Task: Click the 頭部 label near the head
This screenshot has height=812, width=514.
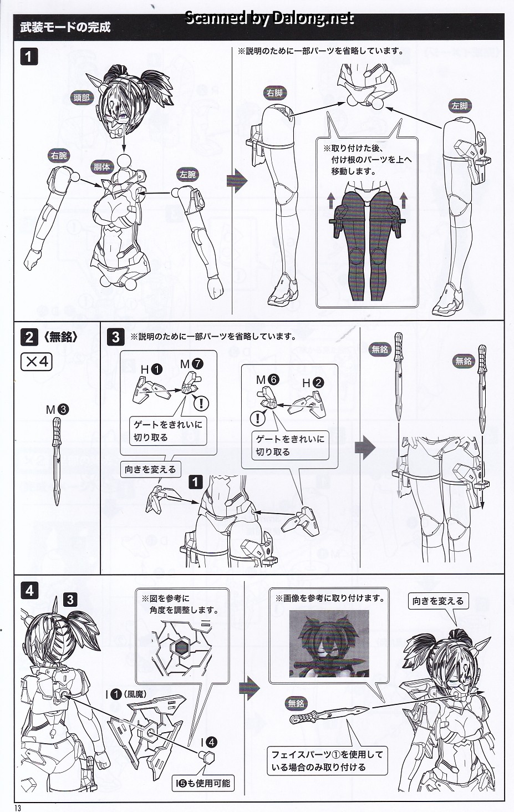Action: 81,98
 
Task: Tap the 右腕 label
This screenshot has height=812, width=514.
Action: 59,156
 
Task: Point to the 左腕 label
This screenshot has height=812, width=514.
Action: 187,175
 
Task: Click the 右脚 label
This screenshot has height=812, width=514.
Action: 274,93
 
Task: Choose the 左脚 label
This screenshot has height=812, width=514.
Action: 460,106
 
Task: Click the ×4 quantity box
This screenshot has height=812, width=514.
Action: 37,362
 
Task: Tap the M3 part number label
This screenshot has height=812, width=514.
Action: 57,410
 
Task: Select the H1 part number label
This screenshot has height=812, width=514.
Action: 151,370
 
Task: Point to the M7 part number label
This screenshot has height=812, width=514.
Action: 191,364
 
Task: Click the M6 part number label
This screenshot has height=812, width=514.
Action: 267,379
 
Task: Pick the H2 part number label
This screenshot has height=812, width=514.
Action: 313,383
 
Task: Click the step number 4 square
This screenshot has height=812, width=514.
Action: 29,591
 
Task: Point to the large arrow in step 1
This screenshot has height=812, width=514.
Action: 237,180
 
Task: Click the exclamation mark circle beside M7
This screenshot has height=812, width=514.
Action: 201,403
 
